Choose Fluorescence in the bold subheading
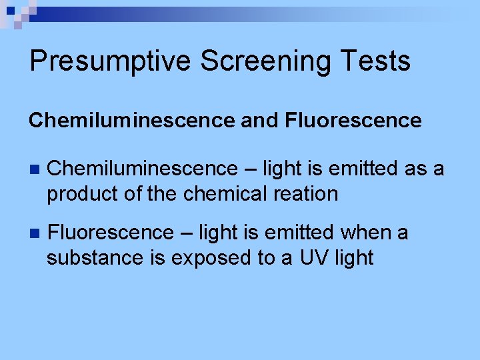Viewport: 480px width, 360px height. click(353, 121)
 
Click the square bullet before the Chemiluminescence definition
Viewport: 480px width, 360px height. click(35, 169)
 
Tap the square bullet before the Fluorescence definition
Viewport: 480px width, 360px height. click(35, 233)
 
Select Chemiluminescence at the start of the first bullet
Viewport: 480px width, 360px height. click(142, 169)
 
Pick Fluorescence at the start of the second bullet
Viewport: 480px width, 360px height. click(111, 233)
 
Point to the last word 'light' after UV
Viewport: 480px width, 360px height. click(355, 258)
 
